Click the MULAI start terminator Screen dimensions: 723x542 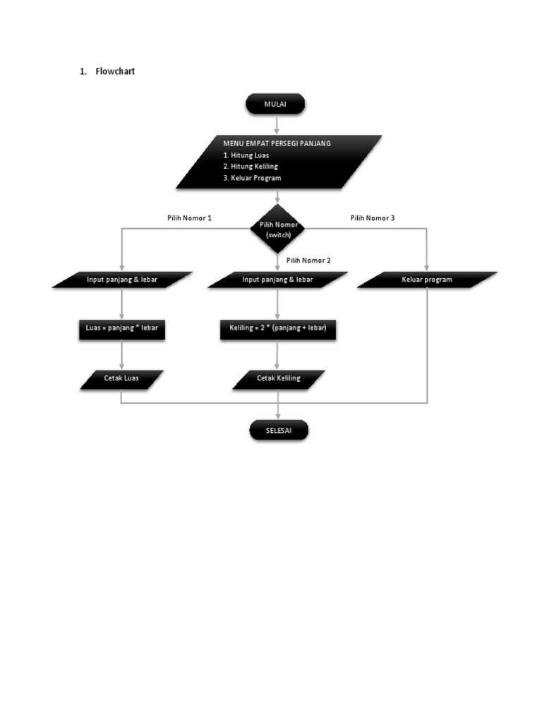(x=275, y=104)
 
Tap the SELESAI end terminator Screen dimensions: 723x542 (x=278, y=430)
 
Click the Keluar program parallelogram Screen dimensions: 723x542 (x=427, y=280)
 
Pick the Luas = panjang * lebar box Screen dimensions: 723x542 (x=122, y=328)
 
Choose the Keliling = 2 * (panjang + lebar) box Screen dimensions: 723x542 (x=278, y=328)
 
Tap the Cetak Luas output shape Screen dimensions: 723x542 (x=122, y=378)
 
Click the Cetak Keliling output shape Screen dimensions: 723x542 (x=278, y=378)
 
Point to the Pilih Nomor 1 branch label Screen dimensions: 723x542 (x=189, y=218)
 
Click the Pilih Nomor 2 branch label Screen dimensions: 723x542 (x=308, y=261)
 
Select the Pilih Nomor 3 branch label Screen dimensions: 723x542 (x=373, y=218)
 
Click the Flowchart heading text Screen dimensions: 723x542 (x=115, y=71)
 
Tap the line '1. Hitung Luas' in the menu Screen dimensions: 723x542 (x=246, y=155)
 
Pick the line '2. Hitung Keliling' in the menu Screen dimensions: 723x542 (x=251, y=166)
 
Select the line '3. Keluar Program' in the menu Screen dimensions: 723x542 (x=252, y=178)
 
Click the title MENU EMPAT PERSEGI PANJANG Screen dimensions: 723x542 (x=277, y=143)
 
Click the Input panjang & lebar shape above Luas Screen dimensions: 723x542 (x=122, y=280)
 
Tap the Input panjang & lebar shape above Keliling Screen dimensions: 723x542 (x=278, y=280)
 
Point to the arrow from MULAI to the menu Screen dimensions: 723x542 (x=276, y=124)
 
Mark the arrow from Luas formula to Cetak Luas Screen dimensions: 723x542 (x=122, y=354)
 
